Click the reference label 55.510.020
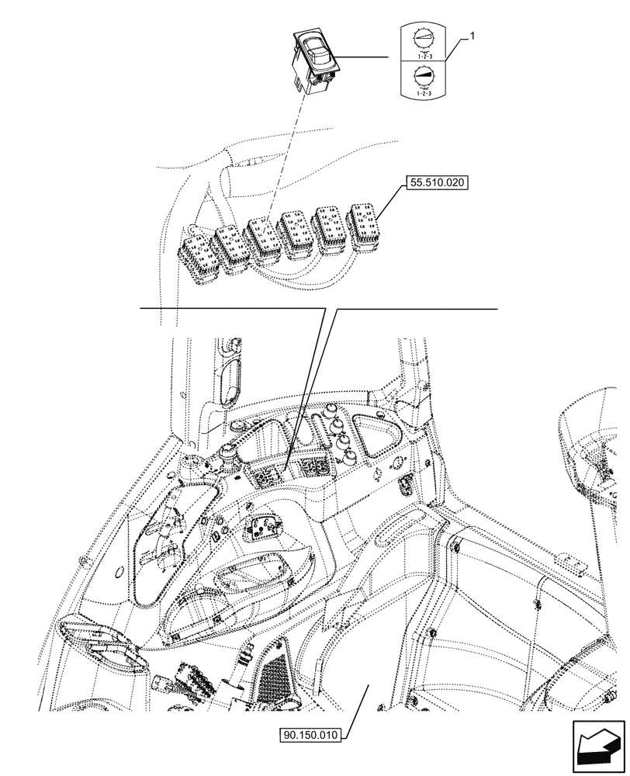tap(437, 185)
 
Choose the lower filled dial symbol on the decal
tap(422, 76)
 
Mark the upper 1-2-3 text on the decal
tap(422, 55)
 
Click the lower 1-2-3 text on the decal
tap(422, 92)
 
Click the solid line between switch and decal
tap(365, 57)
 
